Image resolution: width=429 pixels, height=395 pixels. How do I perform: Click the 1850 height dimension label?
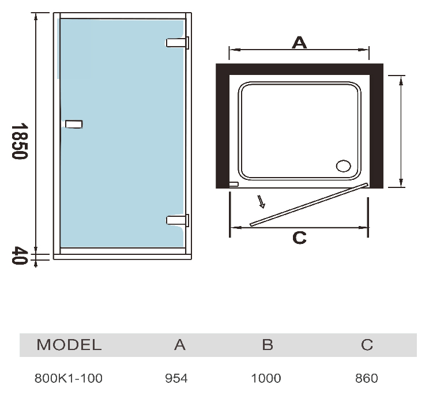click(20, 141)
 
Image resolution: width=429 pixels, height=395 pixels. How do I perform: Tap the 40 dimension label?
click(20, 255)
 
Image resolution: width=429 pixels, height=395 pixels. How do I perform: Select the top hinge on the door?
click(178, 43)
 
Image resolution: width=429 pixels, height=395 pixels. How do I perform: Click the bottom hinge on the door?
click(178, 220)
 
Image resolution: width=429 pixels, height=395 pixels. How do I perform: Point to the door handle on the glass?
click(74, 124)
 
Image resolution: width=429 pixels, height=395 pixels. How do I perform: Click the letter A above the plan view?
click(299, 43)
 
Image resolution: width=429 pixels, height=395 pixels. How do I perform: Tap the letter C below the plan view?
click(299, 238)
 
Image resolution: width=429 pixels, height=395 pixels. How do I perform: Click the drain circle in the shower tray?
click(343, 166)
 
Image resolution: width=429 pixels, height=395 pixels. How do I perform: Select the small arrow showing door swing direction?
click(261, 202)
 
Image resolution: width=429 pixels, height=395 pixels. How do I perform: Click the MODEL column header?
click(69, 345)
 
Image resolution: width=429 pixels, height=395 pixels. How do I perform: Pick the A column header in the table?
click(180, 345)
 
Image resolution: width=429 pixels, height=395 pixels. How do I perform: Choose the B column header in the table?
click(268, 345)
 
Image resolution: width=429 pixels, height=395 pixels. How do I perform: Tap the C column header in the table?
click(367, 345)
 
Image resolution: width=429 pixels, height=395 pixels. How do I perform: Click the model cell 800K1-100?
click(69, 378)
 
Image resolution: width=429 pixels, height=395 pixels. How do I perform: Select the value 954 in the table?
click(176, 378)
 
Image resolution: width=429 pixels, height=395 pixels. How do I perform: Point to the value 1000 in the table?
click(266, 378)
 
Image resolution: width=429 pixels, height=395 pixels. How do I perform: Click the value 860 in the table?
click(367, 378)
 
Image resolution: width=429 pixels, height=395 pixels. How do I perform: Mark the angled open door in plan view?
click(309, 205)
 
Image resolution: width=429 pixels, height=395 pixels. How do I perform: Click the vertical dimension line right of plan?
click(401, 131)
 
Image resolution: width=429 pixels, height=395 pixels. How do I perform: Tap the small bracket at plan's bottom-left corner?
click(234, 185)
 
